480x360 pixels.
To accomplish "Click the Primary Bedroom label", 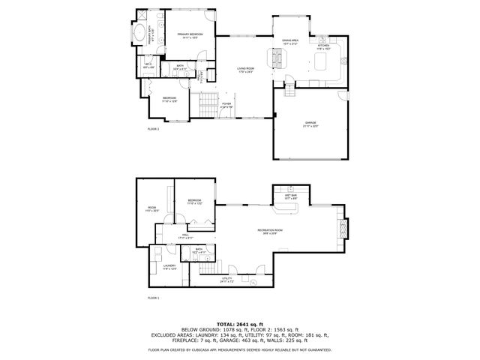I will (187, 36).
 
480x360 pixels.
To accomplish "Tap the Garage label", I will (310, 124).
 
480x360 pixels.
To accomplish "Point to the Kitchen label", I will (323, 47).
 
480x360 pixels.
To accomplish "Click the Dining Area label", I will (291, 40).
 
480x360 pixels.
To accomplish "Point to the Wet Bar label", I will (291, 196).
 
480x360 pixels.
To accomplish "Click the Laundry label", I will (169, 266).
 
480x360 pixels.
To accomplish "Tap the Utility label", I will (227, 280).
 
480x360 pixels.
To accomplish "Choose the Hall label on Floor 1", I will (185, 235).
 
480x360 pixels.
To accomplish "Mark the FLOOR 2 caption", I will (154, 129).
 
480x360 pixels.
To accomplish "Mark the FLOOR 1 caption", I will (154, 298).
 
